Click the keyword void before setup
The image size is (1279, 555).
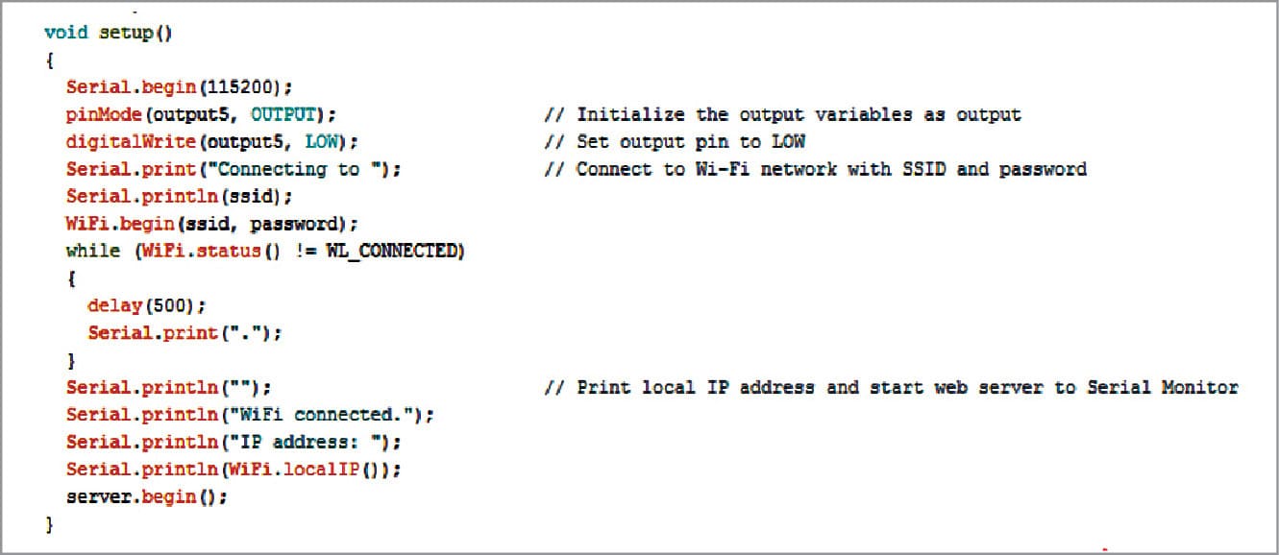(65, 33)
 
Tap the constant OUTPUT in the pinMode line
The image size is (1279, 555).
(283, 115)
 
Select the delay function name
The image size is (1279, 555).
(114, 305)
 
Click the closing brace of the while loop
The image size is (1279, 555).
(71, 361)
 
